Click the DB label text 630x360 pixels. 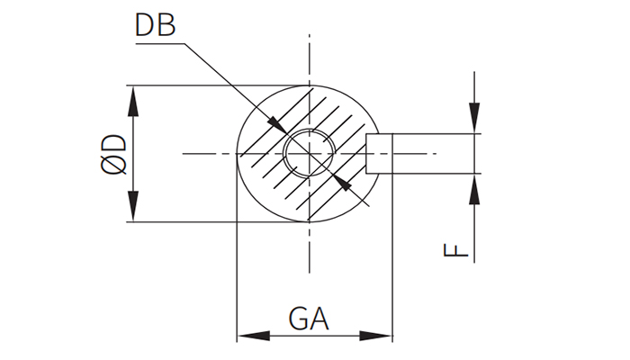(x=155, y=25)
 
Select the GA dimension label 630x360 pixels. (x=309, y=318)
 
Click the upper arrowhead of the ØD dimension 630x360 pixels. (x=134, y=99)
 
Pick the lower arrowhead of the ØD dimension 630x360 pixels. (x=134, y=208)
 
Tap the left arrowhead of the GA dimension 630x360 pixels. (x=250, y=337)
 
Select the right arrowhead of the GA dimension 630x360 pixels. (x=379, y=337)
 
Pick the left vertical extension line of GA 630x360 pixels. (x=237, y=270)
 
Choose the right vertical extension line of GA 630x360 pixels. (x=392, y=270)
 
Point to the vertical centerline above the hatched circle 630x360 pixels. (x=310, y=58)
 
